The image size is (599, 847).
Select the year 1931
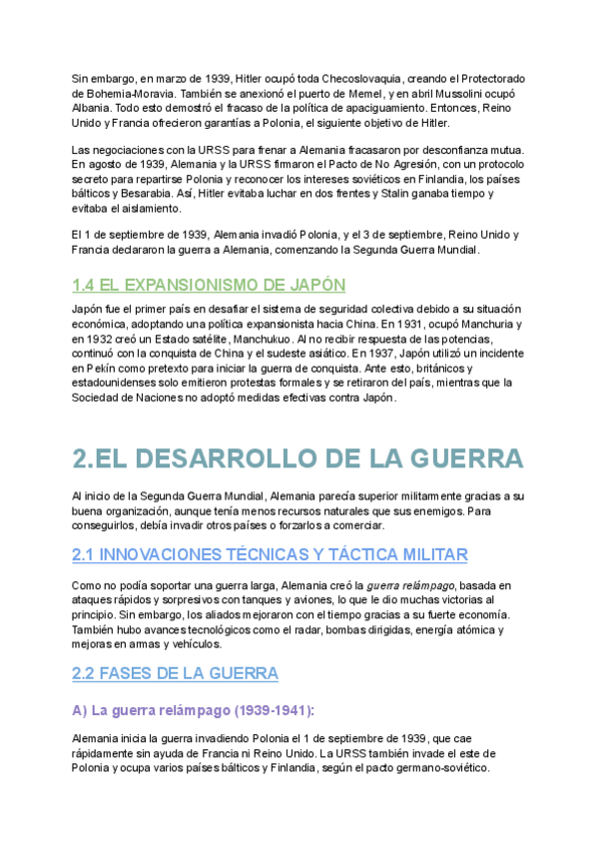[x=379, y=325]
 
